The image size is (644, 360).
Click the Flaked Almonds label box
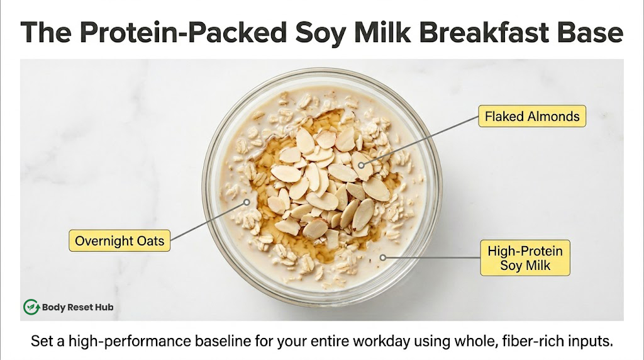(x=532, y=116)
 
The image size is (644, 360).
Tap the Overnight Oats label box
(x=119, y=241)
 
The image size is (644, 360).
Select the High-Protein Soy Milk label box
(x=525, y=258)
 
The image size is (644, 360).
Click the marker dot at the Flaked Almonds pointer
(x=361, y=165)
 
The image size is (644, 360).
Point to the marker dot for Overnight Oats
(x=247, y=202)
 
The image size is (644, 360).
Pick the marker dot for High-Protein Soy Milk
(x=383, y=257)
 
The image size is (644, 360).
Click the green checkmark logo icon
(x=31, y=307)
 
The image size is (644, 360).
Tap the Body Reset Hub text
(x=77, y=307)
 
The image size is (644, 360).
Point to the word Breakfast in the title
(x=484, y=33)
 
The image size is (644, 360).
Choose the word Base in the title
(x=590, y=33)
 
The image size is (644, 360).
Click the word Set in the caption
(x=41, y=341)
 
